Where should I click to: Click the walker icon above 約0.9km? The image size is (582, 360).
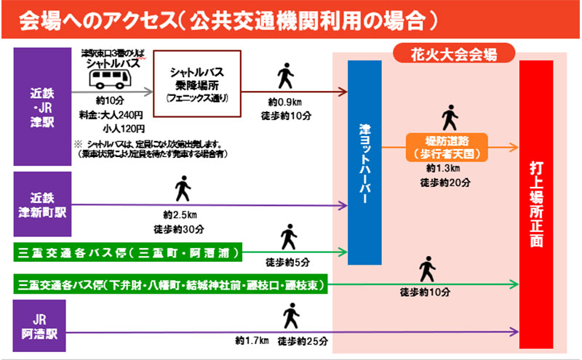(286, 75)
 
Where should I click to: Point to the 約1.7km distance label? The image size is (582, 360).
(252, 340)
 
